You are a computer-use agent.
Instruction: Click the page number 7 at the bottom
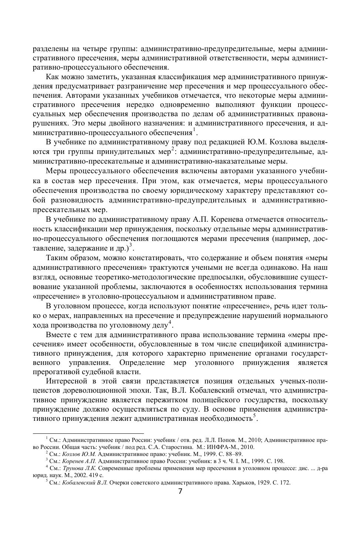(x=180, y=492)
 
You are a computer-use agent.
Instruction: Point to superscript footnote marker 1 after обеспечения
(x=194, y=130)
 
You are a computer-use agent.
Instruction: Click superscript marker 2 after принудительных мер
(x=172, y=149)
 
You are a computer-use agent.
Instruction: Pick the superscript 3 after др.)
(x=131, y=246)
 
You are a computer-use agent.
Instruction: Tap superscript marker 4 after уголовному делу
(x=170, y=323)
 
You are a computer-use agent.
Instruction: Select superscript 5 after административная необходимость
(x=255, y=416)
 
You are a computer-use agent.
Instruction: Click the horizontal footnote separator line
(x=88, y=433)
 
